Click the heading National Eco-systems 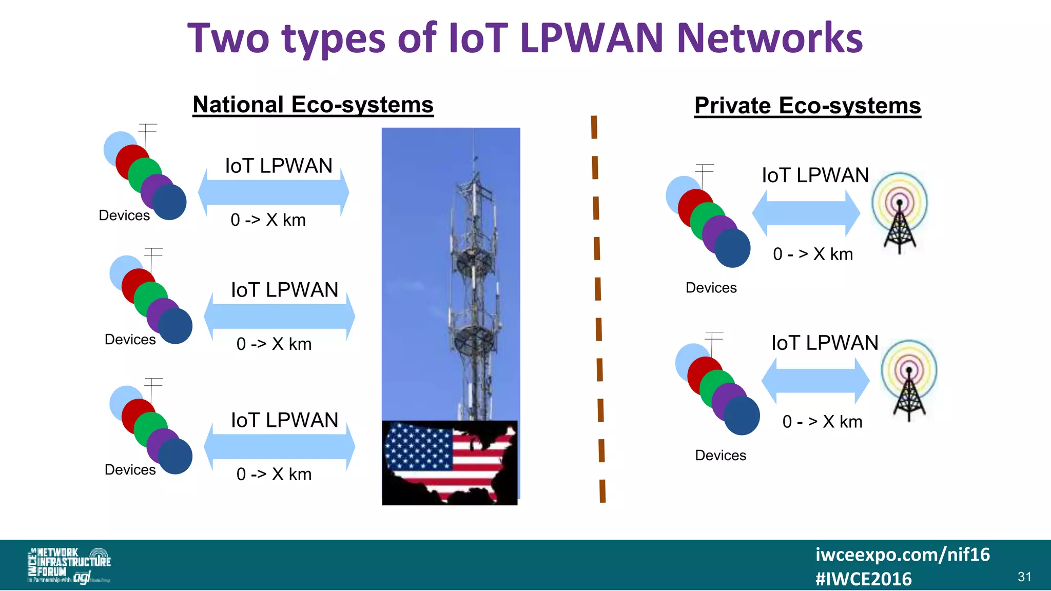click(x=313, y=105)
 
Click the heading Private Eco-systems click(x=807, y=106)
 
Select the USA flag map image click(x=450, y=462)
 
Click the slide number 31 click(x=1024, y=577)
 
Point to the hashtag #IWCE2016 click(x=863, y=579)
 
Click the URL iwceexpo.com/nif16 click(x=902, y=554)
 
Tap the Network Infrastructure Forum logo click(x=69, y=565)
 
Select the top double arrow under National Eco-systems click(x=274, y=193)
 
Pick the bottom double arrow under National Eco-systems click(x=279, y=447)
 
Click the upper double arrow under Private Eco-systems click(x=806, y=213)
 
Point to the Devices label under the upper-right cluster click(x=711, y=288)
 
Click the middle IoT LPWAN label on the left click(x=284, y=290)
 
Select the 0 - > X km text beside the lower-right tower click(x=822, y=422)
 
